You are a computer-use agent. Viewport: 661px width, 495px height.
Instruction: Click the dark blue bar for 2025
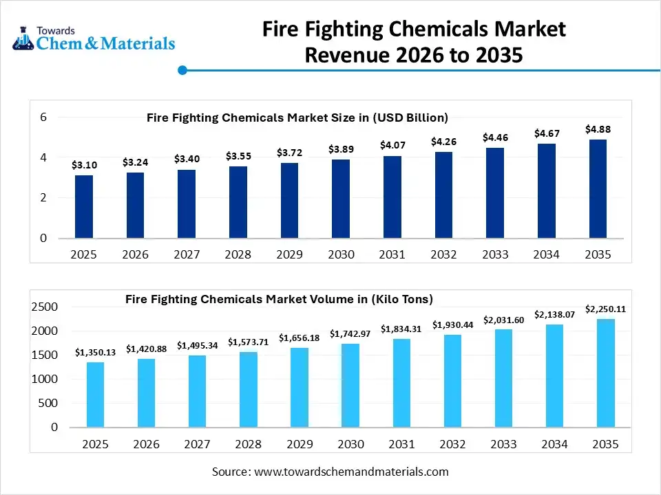click(84, 207)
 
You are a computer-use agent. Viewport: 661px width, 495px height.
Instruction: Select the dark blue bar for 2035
click(598, 189)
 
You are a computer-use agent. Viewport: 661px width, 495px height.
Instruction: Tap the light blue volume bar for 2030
click(350, 386)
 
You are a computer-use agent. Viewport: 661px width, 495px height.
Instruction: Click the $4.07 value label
click(392, 145)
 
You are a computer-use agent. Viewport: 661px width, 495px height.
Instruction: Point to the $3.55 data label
click(238, 156)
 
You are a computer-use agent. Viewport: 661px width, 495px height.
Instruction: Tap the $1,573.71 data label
click(249, 342)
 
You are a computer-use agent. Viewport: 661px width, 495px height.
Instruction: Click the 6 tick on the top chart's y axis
click(43, 118)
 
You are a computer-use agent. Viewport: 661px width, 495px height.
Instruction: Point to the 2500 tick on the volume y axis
click(45, 307)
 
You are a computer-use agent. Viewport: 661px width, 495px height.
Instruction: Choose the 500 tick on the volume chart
click(48, 404)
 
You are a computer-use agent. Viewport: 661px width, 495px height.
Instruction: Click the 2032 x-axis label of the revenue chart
click(443, 254)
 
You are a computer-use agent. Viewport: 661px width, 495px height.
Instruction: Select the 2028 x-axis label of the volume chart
click(249, 444)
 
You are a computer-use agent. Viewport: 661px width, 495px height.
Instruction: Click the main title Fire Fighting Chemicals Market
click(414, 30)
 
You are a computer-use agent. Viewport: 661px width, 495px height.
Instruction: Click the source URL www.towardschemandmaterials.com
click(351, 472)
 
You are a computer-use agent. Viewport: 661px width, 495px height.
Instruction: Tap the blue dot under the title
click(182, 70)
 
